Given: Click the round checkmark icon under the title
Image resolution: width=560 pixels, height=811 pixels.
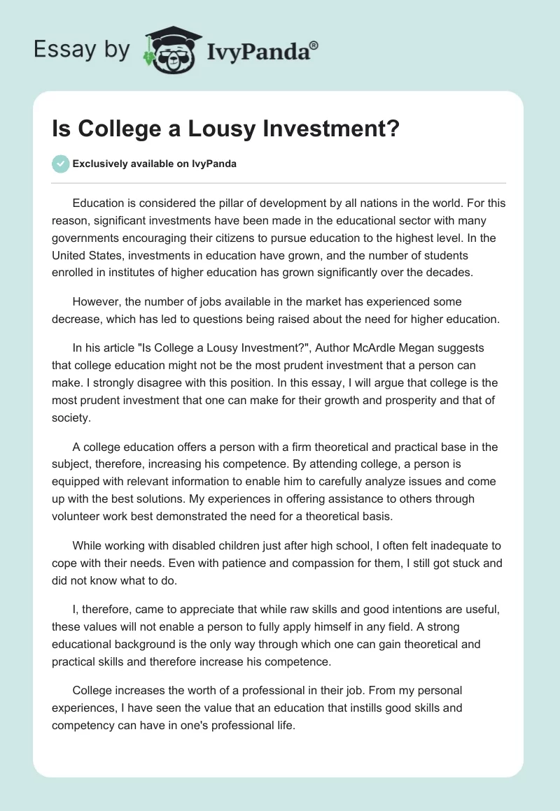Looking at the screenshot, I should click(60, 164).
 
